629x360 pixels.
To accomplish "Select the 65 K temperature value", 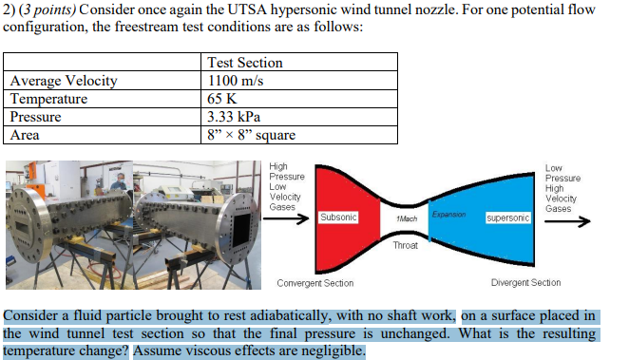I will click(x=219, y=99).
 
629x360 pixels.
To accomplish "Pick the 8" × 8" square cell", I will click(x=251, y=135).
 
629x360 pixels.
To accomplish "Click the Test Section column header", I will click(x=244, y=63).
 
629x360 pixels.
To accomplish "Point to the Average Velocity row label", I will click(x=64, y=81).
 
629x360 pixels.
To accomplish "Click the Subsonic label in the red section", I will click(x=339, y=218).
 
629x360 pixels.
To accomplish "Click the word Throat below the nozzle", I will click(x=405, y=246).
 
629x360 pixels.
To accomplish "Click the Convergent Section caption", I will click(x=314, y=283).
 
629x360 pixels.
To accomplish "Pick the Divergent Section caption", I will click(x=525, y=283).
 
